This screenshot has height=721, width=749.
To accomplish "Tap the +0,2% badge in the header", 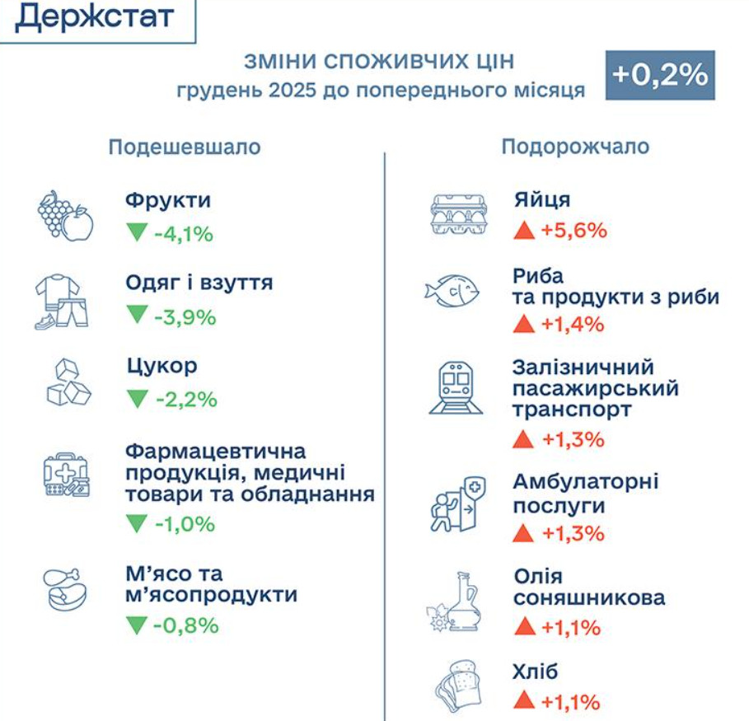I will (x=660, y=75).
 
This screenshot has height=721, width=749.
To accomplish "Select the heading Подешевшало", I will (x=185, y=147).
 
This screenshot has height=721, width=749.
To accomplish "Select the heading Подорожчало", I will (x=575, y=147).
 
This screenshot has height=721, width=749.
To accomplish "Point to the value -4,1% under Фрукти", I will (x=183, y=234).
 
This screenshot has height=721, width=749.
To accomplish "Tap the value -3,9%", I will (x=185, y=317).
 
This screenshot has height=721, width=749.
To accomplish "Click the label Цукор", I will (x=162, y=365).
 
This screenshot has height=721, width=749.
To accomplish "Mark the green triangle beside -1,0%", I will (x=136, y=523).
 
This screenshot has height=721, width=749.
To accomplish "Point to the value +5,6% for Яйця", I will (x=573, y=231).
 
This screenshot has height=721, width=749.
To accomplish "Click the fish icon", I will (x=452, y=291).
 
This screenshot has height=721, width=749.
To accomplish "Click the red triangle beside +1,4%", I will (x=523, y=324).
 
